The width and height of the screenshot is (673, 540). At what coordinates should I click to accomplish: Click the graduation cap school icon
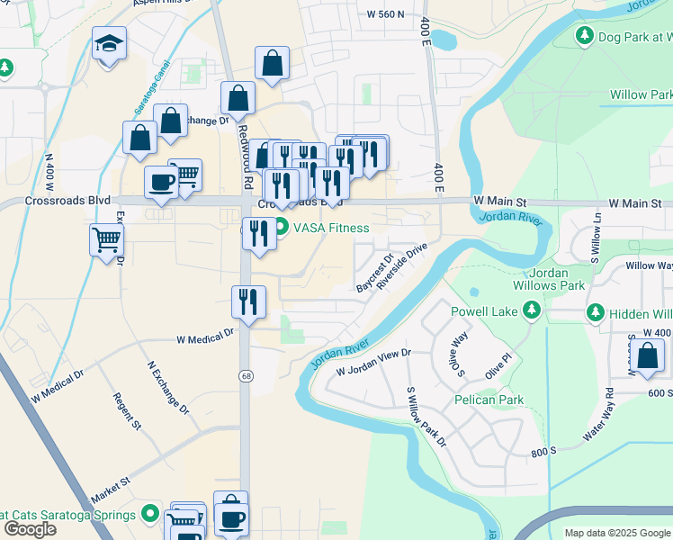pyautogui.click(x=109, y=43)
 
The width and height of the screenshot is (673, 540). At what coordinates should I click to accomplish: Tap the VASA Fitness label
pyautogui.click(x=335, y=228)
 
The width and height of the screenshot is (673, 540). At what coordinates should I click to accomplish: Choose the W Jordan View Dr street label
pyautogui.click(x=373, y=364)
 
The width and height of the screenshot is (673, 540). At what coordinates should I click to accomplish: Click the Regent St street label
pyautogui.click(x=129, y=409)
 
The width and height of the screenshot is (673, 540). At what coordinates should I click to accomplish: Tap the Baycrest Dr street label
pyautogui.click(x=374, y=273)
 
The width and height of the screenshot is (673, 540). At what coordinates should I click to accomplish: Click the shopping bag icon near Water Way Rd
pyautogui.click(x=647, y=357)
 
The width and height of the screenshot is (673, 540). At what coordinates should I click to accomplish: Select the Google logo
pyautogui.click(x=30, y=528)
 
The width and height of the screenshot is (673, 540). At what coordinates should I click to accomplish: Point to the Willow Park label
pyautogui.click(x=640, y=94)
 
